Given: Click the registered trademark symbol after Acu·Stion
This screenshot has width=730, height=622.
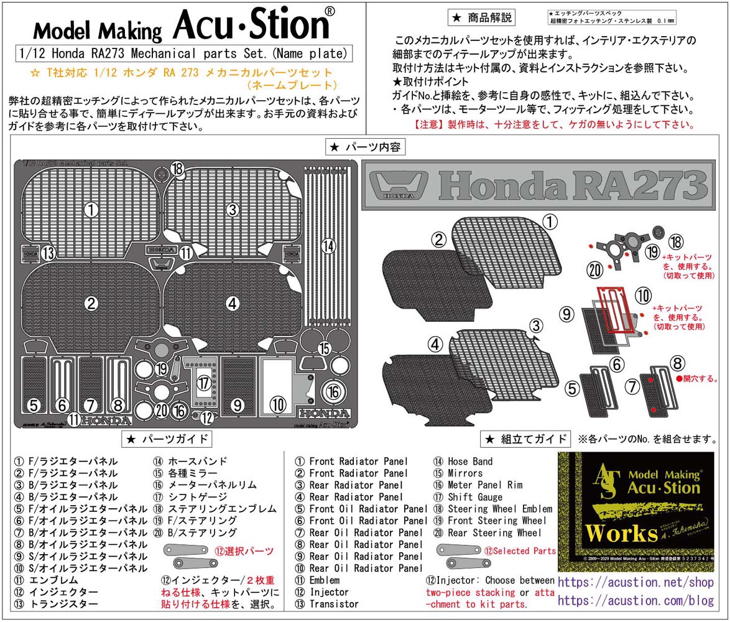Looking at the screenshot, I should point(330,12).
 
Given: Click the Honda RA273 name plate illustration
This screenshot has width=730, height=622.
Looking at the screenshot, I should point(537,184).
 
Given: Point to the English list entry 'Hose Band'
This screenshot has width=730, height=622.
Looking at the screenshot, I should point(470,462).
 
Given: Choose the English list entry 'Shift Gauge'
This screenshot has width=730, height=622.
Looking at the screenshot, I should point(475,497).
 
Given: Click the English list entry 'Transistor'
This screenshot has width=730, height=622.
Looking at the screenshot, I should point(334,604).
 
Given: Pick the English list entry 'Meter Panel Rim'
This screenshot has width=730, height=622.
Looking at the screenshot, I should point(485,485).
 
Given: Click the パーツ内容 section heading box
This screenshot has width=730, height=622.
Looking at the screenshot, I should point(366,147).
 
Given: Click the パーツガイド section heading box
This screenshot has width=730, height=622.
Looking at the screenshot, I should point(169,439).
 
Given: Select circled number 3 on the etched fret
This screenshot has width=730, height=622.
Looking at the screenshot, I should point(233,210).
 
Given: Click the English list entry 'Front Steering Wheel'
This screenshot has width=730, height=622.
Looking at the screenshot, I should point(490,521).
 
